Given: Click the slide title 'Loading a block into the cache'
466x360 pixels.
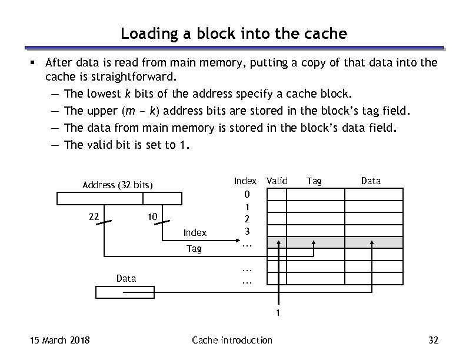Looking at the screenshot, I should (x=234, y=34).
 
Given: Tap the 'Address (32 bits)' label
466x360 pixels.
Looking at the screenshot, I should (x=118, y=186).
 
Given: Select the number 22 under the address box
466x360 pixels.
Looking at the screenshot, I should (x=93, y=216).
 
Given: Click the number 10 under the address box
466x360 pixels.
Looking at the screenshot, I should (x=152, y=217).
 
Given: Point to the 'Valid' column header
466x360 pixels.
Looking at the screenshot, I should (x=277, y=181).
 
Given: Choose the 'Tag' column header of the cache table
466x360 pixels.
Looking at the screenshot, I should (x=314, y=181).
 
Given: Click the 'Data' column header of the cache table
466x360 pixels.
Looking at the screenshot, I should (x=371, y=181).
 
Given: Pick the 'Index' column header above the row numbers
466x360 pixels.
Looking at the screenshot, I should (x=245, y=181).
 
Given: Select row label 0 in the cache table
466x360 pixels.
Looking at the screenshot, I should (x=247, y=195).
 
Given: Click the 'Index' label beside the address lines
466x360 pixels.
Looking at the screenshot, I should (x=195, y=234).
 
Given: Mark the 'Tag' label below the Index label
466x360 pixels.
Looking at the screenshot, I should (x=194, y=249).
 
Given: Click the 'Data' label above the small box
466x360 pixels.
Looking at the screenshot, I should (x=126, y=278).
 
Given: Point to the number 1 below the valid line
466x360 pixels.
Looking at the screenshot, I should (x=279, y=313).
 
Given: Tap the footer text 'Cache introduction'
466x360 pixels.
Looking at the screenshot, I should (x=232, y=340).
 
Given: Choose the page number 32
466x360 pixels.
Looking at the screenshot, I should (x=434, y=340).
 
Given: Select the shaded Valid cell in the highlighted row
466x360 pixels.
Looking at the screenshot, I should (x=277, y=242).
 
